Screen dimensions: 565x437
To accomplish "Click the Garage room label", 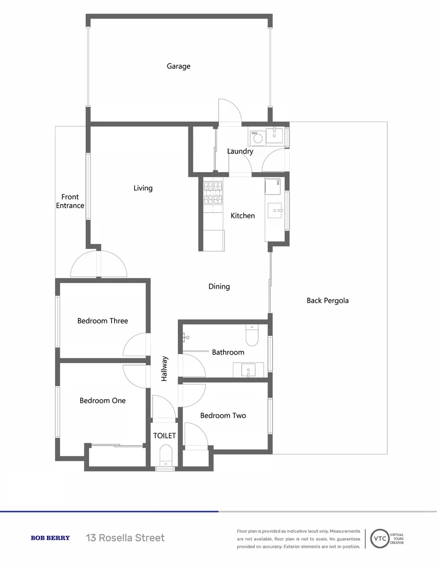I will click(x=178, y=66).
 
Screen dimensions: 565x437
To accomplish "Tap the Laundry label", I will click(x=240, y=152).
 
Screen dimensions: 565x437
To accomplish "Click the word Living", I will click(x=143, y=188).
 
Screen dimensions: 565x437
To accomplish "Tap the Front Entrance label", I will click(x=70, y=201).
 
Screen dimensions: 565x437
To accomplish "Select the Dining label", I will click(x=219, y=287).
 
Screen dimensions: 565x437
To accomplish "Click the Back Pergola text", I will click(x=328, y=301).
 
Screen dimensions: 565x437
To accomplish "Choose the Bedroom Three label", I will click(x=103, y=321).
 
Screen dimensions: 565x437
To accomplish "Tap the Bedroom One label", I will click(x=103, y=401).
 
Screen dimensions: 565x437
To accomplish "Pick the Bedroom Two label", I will click(x=223, y=416).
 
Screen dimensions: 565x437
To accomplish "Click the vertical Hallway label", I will click(x=164, y=368).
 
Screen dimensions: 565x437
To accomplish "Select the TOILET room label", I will click(x=164, y=436).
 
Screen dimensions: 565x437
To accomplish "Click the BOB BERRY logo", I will click(x=50, y=538).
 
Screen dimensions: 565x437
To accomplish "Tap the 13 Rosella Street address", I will click(x=126, y=538).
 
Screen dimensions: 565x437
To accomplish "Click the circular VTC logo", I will click(x=380, y=539).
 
